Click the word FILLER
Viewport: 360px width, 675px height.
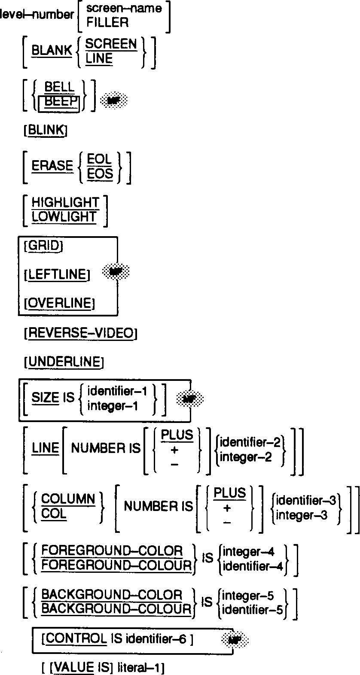[107, 23]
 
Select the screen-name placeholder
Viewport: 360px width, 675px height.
[124, 9]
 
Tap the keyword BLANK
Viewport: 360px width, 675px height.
[52, 50]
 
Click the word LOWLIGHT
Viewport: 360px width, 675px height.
[64, 217]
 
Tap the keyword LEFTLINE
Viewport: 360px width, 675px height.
[57, 274]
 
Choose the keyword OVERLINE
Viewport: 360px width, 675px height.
[59, 304]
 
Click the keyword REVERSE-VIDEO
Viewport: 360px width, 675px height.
[81, 333]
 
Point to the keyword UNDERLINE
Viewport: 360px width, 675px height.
[64, 362]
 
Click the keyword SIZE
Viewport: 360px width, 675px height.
[46, 398]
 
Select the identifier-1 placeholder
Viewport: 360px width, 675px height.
[117, 392]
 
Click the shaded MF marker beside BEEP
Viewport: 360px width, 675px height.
[113, 101]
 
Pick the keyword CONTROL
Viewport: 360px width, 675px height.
[76, 639]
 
